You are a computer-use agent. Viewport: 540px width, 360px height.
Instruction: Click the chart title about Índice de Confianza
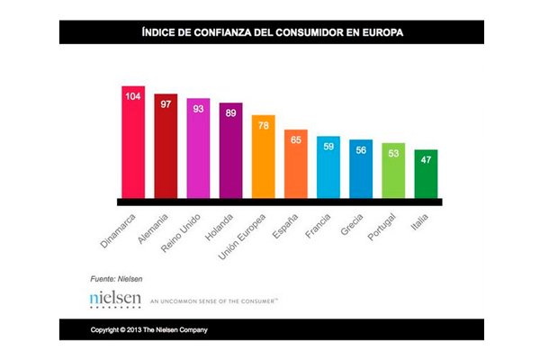click(270, 32)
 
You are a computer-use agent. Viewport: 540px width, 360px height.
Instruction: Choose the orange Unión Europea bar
click(264, 159)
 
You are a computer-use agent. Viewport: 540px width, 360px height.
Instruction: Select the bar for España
click(296, 166)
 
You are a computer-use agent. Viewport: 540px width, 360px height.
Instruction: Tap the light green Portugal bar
click(393, 173)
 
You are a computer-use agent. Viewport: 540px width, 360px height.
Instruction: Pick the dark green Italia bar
click(426, 175)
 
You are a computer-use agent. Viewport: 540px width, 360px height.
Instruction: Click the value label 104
click(134, 95)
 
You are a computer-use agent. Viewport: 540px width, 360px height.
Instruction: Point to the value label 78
click(264, 124)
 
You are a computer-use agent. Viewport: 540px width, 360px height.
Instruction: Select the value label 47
click(426, 158)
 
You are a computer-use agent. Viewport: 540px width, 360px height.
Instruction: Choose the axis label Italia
click(419, 222)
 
